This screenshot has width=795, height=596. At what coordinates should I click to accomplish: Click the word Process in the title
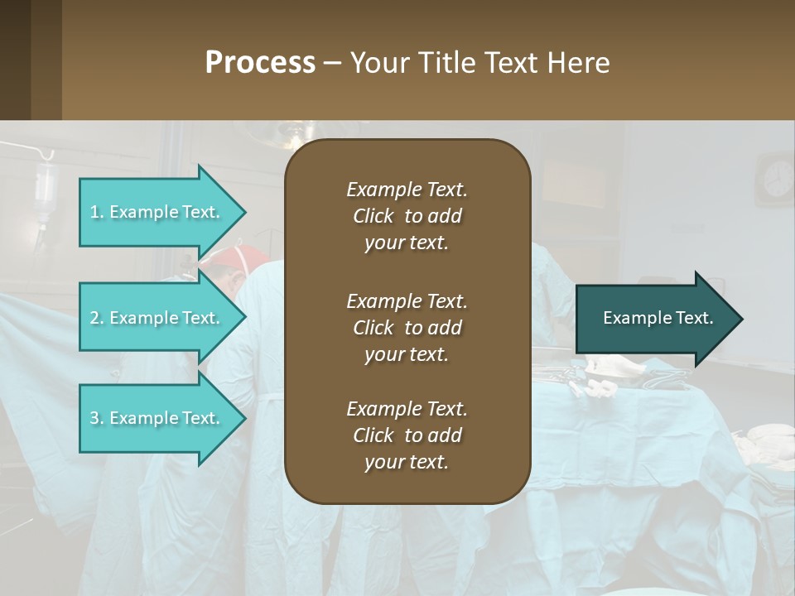[x=260, y=62]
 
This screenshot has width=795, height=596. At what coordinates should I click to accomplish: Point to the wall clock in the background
[x=777, y=179]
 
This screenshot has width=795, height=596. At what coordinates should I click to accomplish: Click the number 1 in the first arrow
[x=94, y=212]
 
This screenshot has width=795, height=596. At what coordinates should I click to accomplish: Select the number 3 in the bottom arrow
[x=94, y=418]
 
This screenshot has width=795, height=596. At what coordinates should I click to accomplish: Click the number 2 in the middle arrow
[x=94, y=318]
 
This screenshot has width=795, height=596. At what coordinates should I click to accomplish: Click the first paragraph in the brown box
[x=407, y=216]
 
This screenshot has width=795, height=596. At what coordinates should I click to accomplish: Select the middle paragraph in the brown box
[x=407, y=327]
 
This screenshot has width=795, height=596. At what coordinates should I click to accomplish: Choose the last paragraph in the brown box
[x=407, y=435]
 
